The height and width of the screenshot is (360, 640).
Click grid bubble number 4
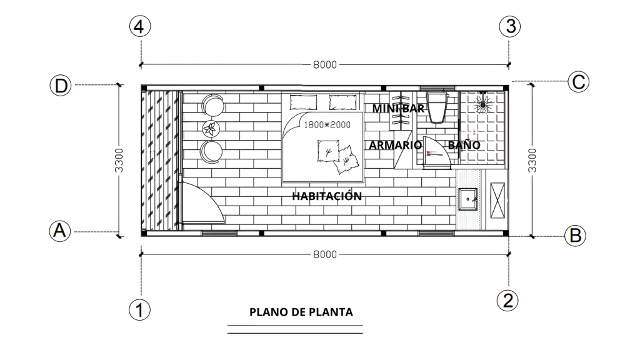140,26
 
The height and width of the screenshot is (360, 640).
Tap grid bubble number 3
510,26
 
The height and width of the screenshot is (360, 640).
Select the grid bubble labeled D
61,86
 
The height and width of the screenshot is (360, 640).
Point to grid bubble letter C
578,82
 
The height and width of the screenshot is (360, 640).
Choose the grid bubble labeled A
59,231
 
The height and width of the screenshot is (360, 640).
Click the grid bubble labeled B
575,236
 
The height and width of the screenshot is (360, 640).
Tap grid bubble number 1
139,310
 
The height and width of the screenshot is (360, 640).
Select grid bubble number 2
507,301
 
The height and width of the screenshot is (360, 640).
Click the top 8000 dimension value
325,64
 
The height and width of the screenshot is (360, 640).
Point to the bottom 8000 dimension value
325,254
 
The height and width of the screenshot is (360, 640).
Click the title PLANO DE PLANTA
301,312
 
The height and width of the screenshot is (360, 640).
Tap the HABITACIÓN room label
327,196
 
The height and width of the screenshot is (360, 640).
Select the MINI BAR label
398,109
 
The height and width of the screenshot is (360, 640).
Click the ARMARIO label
396,145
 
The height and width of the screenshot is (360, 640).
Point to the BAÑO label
464,144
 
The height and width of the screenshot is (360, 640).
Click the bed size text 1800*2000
327,125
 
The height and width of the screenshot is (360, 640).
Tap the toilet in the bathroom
437,106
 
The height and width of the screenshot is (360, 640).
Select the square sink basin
467,199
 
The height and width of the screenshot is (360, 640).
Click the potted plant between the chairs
211,129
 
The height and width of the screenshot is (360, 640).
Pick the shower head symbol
483,104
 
